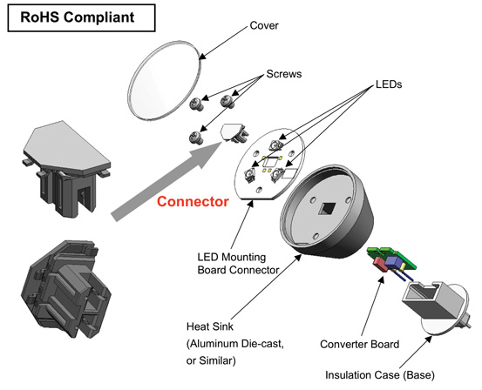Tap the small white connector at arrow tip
tap(233, 131)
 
